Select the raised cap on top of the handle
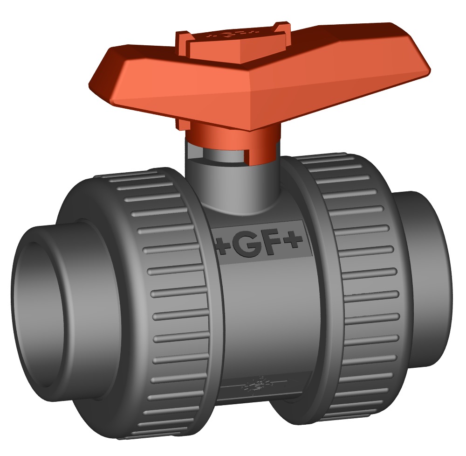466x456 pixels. tap(228, 47)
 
